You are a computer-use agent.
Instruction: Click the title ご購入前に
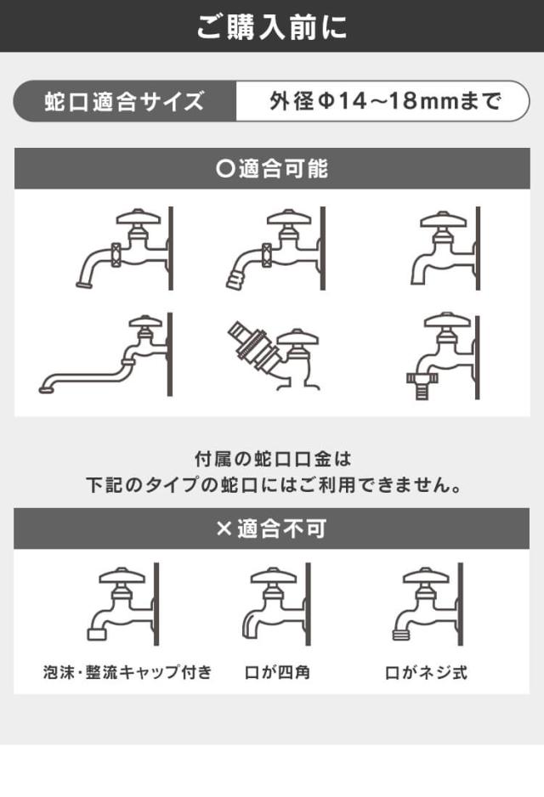pos(272,26)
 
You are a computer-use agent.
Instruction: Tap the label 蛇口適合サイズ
pos(124,101)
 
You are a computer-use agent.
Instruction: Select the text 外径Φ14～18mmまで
pos(385,101)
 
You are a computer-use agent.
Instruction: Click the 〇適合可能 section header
pos(272,169)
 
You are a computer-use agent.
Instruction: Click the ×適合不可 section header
pos(271,529)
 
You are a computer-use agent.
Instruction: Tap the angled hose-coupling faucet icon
pos(274,355)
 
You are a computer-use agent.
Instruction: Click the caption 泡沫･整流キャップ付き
pos(127,672)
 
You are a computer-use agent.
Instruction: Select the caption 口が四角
pos(278,673)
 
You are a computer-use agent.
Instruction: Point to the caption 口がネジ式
pos(426,673)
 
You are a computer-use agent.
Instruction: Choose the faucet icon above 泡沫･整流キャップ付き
pos(123,604)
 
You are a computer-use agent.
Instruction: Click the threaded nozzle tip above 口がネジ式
pos(401,634)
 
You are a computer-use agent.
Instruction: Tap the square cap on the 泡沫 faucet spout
pos(97,634)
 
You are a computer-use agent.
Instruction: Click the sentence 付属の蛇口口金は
pos(273,460)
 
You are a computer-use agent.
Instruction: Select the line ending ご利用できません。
pos(274,485)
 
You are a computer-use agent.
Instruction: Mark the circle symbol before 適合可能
pos(224,168)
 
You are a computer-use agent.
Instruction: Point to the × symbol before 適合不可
pos(224,529)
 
